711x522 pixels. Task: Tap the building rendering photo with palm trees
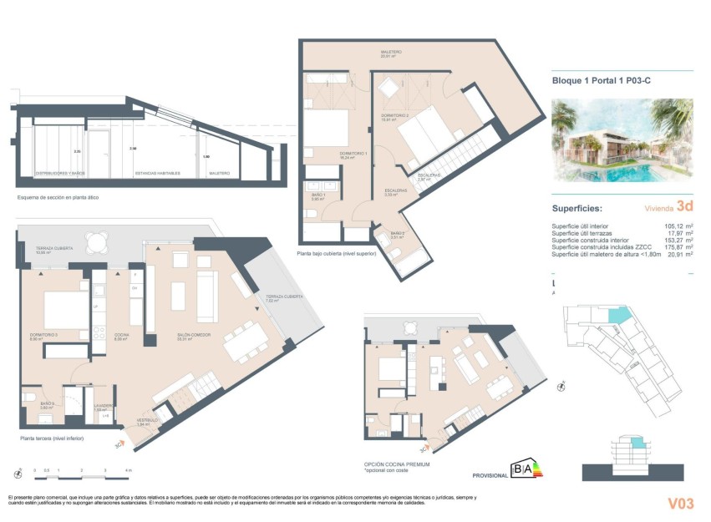point(622,139)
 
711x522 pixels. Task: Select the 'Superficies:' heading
point(579,209)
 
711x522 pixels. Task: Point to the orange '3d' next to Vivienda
point(684,205)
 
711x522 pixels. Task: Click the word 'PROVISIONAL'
point(490,475)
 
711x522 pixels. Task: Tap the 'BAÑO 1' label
point(317,195)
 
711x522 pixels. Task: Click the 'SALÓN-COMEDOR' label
point(192,337)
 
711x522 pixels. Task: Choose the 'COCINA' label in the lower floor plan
point(120,337)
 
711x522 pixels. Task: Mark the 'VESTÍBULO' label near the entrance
point(147,420)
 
